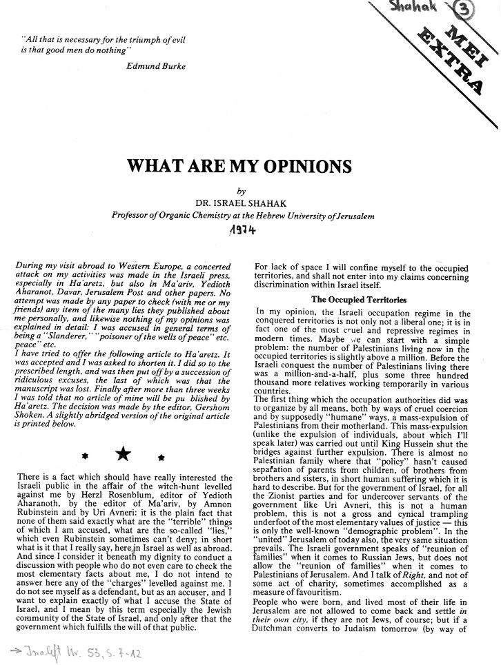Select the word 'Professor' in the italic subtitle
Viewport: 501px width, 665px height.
tap(134, 215)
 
